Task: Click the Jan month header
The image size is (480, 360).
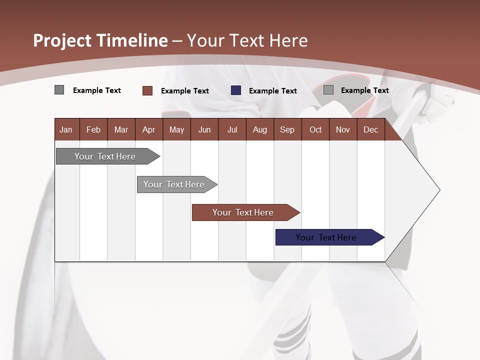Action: [x=66, y=130]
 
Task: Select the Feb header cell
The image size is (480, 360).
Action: [x=93, y=130]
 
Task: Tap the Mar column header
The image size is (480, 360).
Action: [x=121, y=130]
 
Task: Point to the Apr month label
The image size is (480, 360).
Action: [x=148, y=130]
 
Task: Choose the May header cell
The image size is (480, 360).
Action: [x=176, y=130]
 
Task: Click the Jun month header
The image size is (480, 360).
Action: [x=204, y=130]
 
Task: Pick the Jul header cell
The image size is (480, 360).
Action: [x=232, y=130]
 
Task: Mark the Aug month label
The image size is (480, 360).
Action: [x=259, y=130]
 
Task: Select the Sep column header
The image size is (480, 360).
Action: [x=287, y=130]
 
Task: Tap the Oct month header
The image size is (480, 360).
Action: [x=315, y=130]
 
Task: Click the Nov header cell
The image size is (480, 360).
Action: [x=343, y=130]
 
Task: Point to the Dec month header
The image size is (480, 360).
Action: [x=371, y=130]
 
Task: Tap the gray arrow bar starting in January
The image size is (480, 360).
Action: [x=105, y=156]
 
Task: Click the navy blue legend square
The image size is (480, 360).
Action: [x=236, y=90]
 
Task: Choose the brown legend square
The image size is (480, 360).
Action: [x=147, y=90]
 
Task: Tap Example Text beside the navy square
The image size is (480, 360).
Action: [x=272, y=91]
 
